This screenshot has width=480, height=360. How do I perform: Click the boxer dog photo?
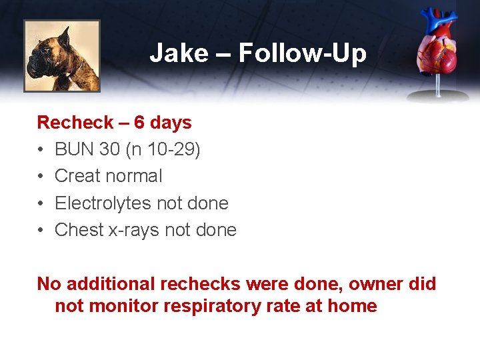62,55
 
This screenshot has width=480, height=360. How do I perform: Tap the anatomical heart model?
438,53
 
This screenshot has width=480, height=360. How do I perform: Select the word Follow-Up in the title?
302,53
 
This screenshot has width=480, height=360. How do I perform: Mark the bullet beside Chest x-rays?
41,230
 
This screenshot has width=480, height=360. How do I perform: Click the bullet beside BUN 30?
41,149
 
